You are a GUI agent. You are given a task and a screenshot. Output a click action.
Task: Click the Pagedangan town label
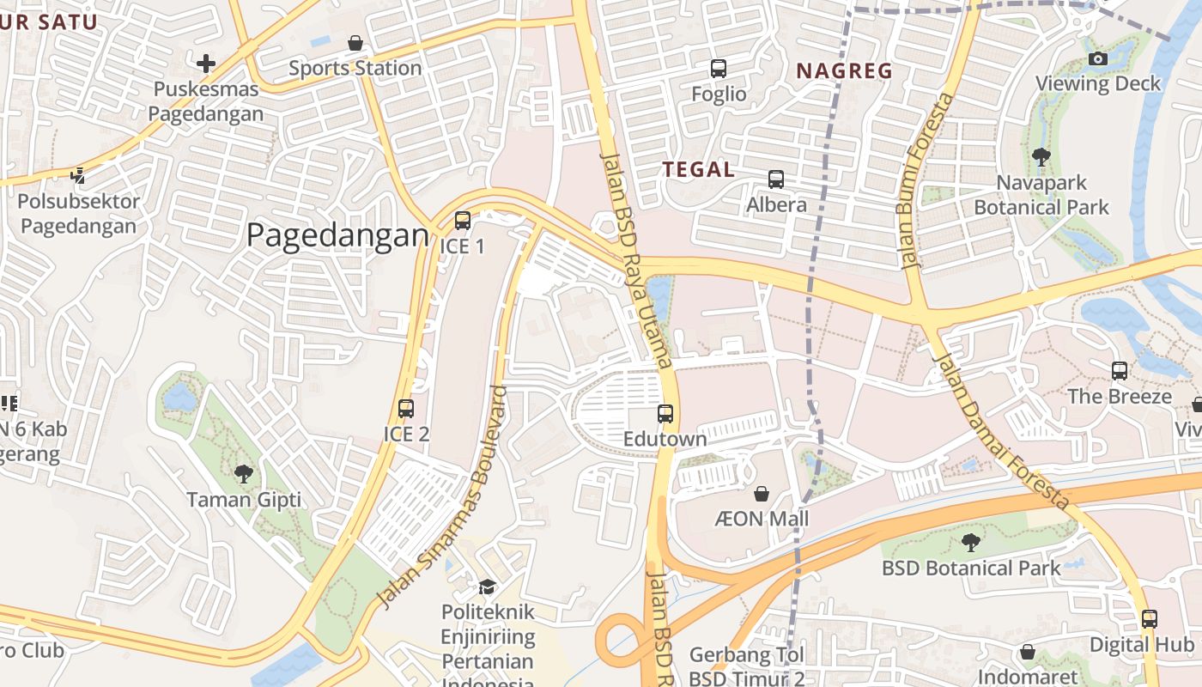337,235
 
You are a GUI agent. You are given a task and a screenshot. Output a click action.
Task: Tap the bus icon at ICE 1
463,221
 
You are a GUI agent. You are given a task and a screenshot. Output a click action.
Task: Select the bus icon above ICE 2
406,409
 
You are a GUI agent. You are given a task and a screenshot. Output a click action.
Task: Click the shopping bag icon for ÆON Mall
761,494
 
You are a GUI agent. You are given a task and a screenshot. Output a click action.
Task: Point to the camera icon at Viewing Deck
1097,59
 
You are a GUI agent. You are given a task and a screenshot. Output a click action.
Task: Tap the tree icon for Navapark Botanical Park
1041,157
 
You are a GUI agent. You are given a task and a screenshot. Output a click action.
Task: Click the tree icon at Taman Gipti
244,473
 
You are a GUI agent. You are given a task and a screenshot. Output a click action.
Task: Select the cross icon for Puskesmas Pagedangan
205,63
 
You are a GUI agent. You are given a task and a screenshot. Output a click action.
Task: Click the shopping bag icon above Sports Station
355,43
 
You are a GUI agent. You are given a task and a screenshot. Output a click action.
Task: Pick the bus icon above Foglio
719,69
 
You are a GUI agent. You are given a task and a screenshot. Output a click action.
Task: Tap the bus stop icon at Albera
776,179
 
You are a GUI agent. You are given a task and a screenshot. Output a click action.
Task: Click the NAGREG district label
845,71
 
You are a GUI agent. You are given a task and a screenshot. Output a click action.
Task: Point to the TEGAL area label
698,170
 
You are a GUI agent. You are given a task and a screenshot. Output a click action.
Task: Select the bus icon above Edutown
665,414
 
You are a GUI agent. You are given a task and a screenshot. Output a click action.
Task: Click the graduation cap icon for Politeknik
487,587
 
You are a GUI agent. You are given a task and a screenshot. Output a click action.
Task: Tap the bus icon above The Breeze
1120,371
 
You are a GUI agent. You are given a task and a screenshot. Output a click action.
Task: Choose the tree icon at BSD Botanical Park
971,543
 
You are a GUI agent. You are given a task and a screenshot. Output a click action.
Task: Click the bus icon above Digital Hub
1149,618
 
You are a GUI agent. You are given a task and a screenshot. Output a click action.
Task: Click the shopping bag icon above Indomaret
1027,652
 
